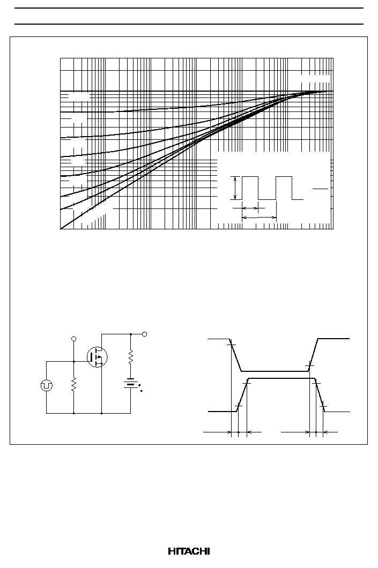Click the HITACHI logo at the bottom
189,551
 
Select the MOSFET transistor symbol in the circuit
97,357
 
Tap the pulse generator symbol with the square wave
47,385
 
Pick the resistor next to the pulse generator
74,385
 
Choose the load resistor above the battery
130,357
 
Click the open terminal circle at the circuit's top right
144,334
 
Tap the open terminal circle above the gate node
74,339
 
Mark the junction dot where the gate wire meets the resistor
74,361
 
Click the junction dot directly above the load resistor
130,334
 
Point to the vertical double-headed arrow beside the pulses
235,188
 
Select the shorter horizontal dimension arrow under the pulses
250,208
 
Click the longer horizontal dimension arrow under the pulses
259,218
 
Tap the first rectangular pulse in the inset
250,188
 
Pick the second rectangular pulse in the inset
284,188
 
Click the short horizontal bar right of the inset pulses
321,189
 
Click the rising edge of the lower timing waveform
242,395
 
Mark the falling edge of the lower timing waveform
320,395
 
